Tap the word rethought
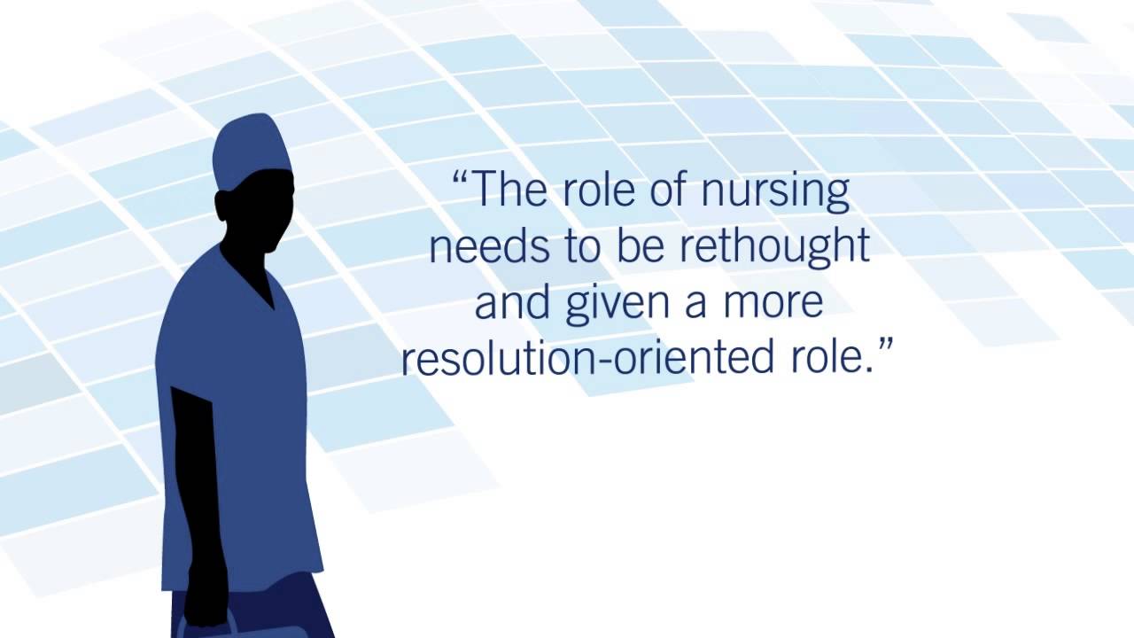[774, 247]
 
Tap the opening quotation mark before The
[460, 182]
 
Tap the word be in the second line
[645, 247]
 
